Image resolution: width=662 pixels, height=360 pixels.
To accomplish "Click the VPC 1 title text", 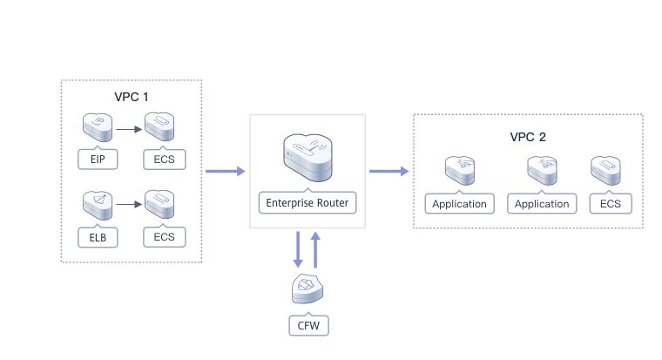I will (x=132, y=96).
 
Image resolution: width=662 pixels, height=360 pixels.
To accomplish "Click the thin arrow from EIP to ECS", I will (x=129, y=129).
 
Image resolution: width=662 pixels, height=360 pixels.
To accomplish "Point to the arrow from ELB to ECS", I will (x=129, y=206).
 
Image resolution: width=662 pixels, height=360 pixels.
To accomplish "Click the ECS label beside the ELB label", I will (x=164, y=236).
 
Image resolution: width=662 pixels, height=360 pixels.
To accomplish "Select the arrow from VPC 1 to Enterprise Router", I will (x=226, y=171).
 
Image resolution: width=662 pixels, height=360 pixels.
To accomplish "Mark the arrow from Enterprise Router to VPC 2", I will (x=389, y=171).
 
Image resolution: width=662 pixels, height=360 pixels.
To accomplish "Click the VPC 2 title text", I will (x=528, y=138).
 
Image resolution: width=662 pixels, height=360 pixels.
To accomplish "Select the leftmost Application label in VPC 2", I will (x=460, y=204).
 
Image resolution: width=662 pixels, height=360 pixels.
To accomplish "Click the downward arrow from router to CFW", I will (x=298, y=249).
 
